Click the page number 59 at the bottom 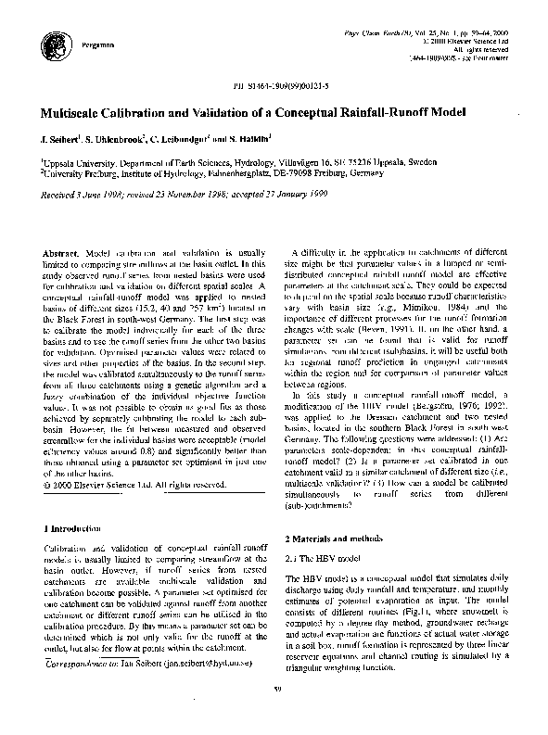276,711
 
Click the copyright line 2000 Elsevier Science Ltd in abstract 134,484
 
